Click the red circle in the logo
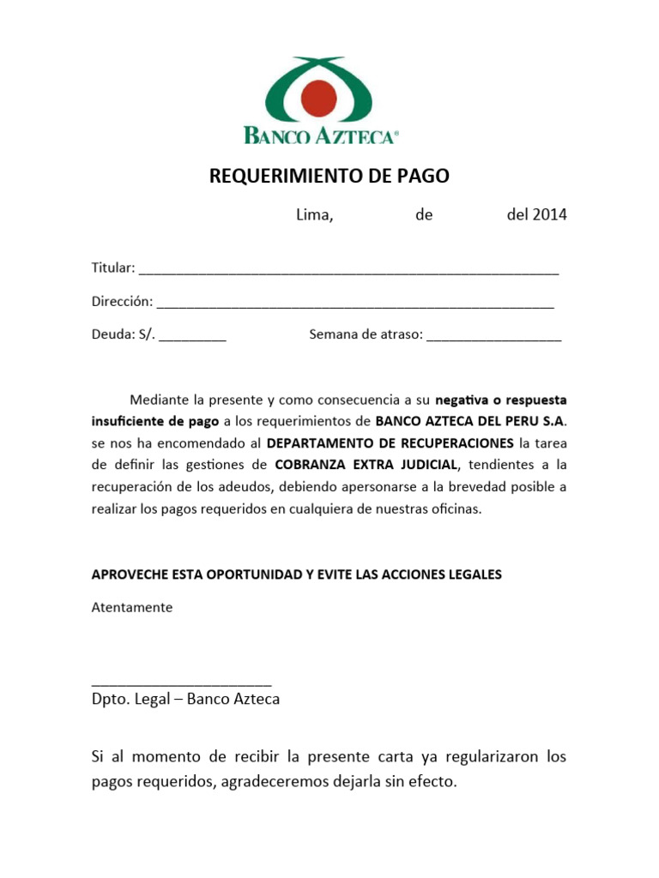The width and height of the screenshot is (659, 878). point(319,97)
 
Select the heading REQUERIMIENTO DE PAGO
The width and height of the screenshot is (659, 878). point(329,177)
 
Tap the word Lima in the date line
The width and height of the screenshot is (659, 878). point(314,215)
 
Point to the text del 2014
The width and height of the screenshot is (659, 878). point(536,215)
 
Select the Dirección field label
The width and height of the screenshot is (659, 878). point(122,302)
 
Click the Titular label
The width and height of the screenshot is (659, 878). point(113,268)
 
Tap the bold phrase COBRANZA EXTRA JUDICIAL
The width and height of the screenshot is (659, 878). point(367,465)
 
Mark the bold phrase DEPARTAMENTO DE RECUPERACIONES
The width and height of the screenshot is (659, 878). point(391,443)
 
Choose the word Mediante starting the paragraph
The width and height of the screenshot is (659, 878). point(160,400)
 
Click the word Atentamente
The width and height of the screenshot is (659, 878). point(132,607)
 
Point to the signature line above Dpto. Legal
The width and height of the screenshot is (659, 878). point(182,683)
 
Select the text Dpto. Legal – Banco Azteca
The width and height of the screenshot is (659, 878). point(185,699)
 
